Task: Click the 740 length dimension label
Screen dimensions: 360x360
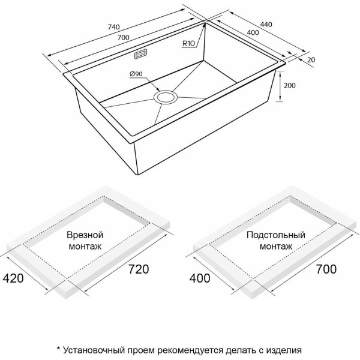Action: click(114, 27)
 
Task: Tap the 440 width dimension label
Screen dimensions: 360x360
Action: click(266, 24)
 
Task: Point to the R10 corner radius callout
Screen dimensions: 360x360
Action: click(189, 43)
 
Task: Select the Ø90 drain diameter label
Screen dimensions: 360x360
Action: click(136, 74)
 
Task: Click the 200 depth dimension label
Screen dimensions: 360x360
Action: click(290, 85)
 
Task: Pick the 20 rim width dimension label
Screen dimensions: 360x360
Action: click(311, 60)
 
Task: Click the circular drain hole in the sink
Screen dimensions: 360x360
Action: click(166, 97)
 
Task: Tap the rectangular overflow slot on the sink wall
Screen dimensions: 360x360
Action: click(141, 55)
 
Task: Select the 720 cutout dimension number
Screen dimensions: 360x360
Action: click(139, 269)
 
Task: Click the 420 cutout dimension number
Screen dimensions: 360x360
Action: click(13, 278)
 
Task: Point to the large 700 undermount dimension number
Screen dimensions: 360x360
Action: click(326, 269)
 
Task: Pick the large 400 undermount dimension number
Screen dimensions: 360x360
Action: click(200, 278)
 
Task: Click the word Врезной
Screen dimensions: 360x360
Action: click(85, 235)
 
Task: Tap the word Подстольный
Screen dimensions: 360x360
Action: click(276, 235)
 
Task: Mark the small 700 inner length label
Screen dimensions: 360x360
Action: click(123, 37)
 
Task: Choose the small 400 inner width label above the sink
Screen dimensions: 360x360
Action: click(253, 32)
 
